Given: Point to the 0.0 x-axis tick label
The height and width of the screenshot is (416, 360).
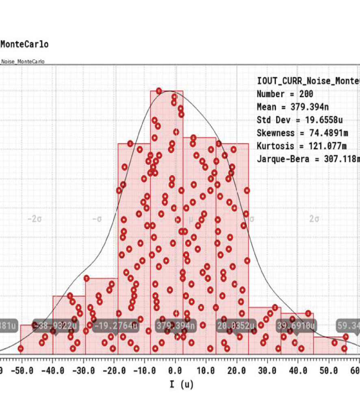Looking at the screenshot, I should tap(175, 371).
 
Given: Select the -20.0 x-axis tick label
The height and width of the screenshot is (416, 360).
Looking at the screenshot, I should tap(113, 371).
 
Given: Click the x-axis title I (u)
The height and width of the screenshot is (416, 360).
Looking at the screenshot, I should tap(182, 384).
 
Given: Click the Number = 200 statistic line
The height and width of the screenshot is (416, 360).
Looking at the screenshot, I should tap(285, 94).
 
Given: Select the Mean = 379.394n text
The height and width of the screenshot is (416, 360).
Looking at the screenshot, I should tap(293, 107).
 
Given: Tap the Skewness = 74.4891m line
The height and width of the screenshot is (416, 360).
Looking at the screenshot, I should tap(302, 133).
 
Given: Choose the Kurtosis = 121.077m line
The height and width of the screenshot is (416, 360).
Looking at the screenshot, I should tap(302, 146).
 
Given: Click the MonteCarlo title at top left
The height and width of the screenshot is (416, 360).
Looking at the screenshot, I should tap(24, 44).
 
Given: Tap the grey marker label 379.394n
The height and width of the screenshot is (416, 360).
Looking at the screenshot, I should tap(176, 326).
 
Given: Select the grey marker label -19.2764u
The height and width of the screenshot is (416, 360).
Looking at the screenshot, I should tap(115, 326).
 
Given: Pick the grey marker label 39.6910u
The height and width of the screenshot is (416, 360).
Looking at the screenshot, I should tap(296, 326).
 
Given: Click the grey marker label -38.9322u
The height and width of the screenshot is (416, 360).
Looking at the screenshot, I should tap(55, 326).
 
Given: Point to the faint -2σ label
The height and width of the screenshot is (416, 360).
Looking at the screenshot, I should tap(35, 219).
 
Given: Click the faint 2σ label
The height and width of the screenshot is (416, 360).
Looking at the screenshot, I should tap(314, 219).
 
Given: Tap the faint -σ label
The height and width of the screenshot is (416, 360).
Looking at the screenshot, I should tap(97, 219).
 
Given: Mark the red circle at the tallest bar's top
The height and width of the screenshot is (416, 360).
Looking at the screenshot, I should tap(159, 91).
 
